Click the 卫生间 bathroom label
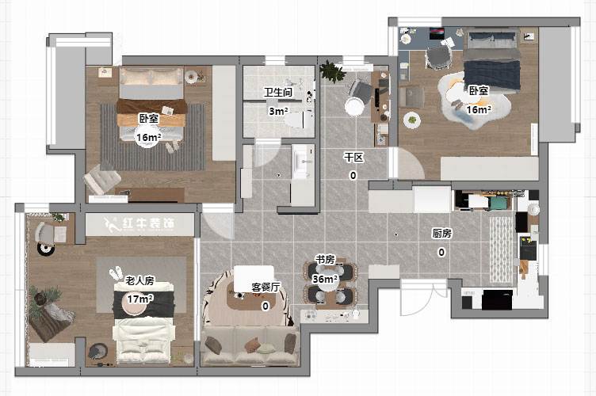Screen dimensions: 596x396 [278, 92]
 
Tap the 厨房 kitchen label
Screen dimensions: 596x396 [441, 233]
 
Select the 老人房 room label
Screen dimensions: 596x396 [139, 281]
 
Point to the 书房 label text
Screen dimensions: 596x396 [326, 260]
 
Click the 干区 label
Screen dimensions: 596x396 [353, 157]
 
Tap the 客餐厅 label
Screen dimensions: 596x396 [266, 287]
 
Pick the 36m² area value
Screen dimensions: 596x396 [325, 279]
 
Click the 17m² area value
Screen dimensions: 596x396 [139, 299]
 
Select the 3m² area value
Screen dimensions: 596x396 [278, 111]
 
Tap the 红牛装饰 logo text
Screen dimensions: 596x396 [149, 224]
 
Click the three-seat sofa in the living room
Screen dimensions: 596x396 [250, 346]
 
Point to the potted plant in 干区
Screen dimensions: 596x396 [331, 72]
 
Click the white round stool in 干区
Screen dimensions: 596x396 [354, 107]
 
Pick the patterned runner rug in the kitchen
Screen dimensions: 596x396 [501, 249]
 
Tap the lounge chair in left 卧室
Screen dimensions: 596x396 [101, 179]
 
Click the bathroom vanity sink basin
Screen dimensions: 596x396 [303, 162]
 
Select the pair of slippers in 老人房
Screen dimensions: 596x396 [117, 273]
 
